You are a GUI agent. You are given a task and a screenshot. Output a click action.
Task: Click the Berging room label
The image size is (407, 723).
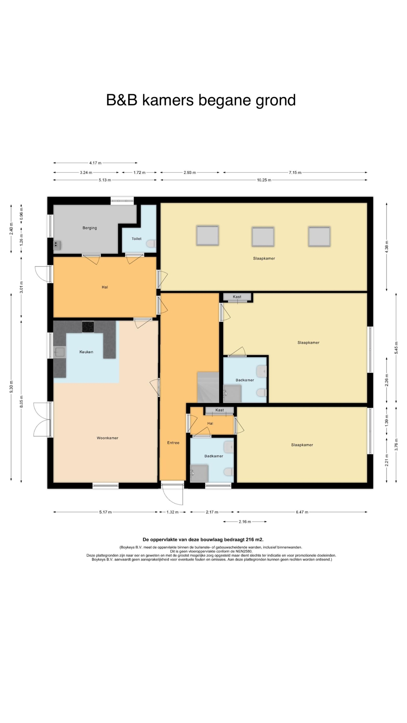(x=90, y=228)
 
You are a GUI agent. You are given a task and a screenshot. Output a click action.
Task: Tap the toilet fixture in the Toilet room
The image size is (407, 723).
(x=152, y=243)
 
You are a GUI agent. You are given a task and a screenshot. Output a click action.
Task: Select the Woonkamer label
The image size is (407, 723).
(x=107, y=438)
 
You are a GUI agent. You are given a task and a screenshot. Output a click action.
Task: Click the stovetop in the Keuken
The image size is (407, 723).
(x=88, y=327)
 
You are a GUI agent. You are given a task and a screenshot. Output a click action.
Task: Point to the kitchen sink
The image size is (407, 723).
(x=60, y=352)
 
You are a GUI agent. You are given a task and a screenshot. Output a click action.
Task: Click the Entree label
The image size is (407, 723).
(x=173, y=443)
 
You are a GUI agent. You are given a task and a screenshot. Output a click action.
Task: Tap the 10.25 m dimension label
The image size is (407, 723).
(x=264, y=180)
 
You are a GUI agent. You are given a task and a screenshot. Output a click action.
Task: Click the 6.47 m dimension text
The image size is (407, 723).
(x=302, y=512)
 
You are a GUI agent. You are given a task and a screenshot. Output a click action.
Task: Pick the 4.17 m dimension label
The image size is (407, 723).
(x=95, y=163)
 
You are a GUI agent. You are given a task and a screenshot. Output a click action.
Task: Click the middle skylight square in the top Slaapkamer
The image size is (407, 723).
(x=263, y=236)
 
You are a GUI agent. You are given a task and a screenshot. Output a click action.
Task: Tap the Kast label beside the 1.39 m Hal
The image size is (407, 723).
(x=220, y=410)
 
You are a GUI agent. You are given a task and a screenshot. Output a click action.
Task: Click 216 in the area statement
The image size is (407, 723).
(x=250, y=539)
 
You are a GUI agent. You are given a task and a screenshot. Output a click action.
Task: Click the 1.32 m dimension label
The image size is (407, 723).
(x=172, y=512)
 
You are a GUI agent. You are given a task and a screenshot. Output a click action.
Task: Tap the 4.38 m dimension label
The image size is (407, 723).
(x=387, y=247)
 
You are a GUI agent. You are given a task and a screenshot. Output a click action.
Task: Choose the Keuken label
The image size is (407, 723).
(x=86, y=352)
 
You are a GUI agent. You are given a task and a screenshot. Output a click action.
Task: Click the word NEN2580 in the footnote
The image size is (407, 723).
(x=244, y=551)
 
